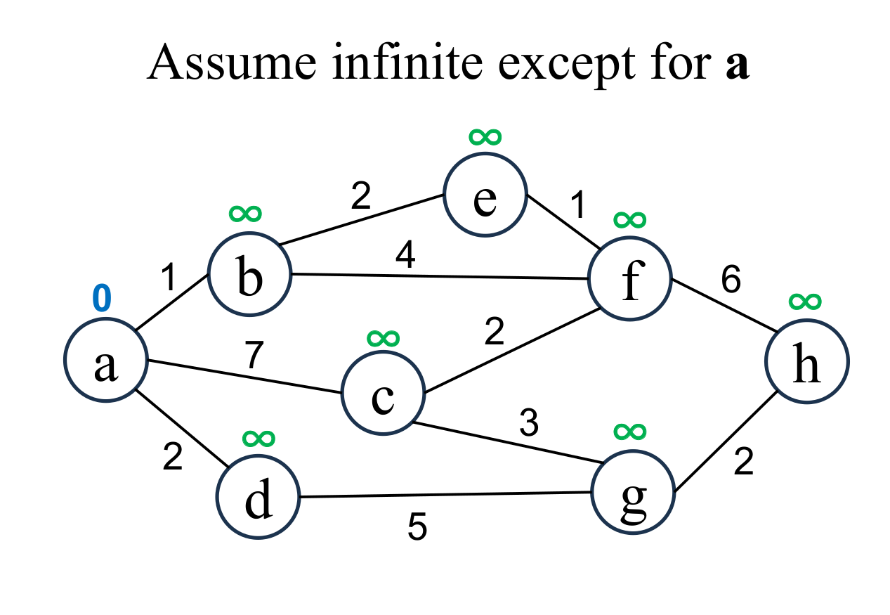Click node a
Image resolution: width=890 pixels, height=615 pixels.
click(x=105, y=360)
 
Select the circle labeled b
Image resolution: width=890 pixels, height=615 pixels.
click(x=249, y=273)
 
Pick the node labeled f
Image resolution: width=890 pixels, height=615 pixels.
click(x=630, y=279)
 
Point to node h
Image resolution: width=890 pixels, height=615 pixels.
click(x=807, y=361)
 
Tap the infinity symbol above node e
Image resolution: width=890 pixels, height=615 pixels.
click(x=485, y=136)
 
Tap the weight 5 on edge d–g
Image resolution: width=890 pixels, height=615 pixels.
click(x=417, y=528)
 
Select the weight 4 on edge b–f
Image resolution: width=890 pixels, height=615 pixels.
click(x=405, y=257)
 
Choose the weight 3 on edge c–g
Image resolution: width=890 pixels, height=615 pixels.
click(x=528, y=424)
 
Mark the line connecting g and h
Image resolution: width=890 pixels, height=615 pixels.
click(x=724, y=439)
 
